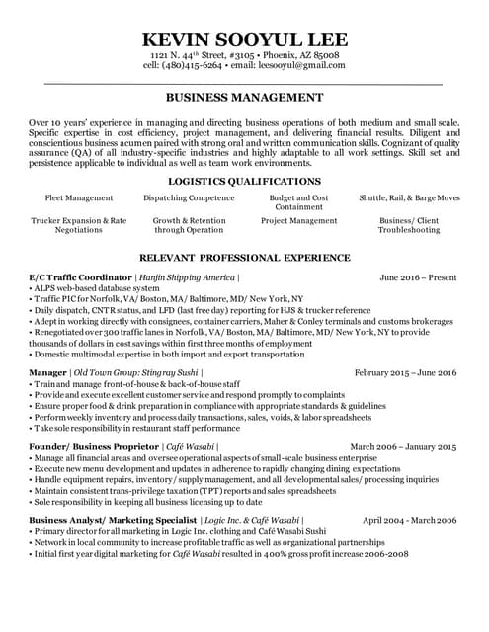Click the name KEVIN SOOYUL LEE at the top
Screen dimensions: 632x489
pyautogui.click(x=244, y=39)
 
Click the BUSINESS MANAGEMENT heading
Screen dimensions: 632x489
pyautogui.click(x=244, y=98)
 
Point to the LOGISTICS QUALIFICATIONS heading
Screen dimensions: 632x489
pyautogui.click(x=244, y=182)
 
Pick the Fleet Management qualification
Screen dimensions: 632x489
pyautogui.click(x=79, y=197)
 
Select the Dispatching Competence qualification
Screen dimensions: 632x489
pyautogui.click(x=189, y=197)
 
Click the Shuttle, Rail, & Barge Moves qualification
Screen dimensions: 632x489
pyautogui.click(x=409, y=197)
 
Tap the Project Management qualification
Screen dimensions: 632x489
pyautogui.click(x=299, y=221)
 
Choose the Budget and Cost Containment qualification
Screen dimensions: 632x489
pyautogui.click(x=299, y=202)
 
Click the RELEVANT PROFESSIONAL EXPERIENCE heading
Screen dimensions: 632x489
pyautogui.click(x=244, y=256)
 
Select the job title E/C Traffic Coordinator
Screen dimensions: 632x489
pyautogui.click(x=80, y=278)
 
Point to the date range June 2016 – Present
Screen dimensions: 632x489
pyautogui.click(x=418, y=278)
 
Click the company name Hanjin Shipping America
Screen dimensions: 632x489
pyautogui.click(x=187, y=278)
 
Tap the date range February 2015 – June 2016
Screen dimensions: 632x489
pyautogui.click(x=405, y=373)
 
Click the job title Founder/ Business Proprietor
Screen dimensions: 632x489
pyautogui.click(x=94, y=447)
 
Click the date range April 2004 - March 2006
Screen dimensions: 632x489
pyautogui.click(x=409, y=519)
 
